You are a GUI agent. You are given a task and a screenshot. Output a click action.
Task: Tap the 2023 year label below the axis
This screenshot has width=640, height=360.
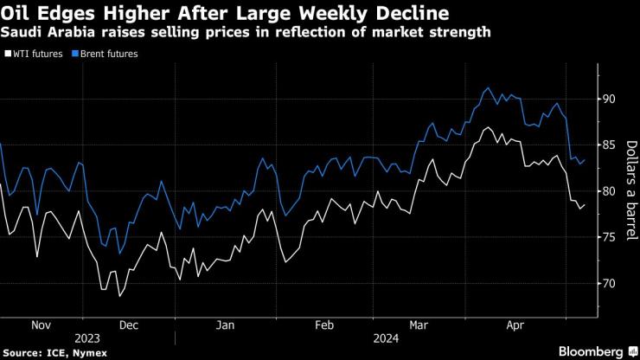pyautogui.click(x=87, y=338)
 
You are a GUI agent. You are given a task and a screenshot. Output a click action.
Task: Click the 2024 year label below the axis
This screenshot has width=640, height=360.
pyautogui.click(x=385, y=338)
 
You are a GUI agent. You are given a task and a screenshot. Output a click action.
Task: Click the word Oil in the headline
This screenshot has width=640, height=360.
pyautogui.click(x=19, y=13)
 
